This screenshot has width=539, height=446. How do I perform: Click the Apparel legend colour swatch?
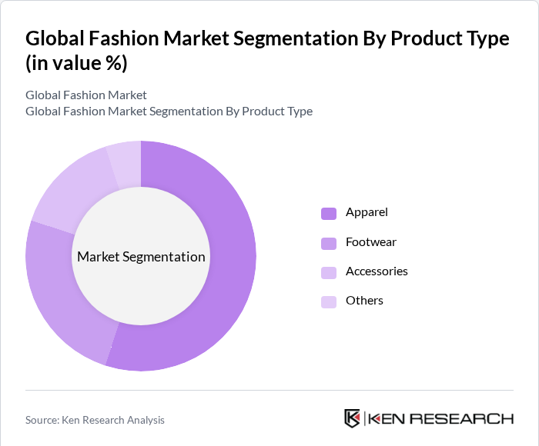[329, 213]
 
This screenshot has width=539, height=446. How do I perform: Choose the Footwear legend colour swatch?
[329, 243]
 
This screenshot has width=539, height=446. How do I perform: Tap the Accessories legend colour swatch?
[329, 272]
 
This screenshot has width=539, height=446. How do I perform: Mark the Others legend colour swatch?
[329, 301]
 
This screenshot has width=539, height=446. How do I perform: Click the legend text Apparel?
[367, 212]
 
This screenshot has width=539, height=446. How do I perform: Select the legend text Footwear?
[371, 242]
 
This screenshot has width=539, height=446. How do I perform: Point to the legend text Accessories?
[377, 271]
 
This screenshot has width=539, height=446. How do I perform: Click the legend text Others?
[364, 301]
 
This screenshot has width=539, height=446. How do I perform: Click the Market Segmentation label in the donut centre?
[141, 257]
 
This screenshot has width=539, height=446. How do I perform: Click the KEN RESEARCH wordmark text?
[440, 419]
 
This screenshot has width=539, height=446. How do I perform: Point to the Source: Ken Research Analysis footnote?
[95, 420]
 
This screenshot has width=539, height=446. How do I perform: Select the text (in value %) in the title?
[76, 64]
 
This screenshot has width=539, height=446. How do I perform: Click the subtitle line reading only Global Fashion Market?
[86, 95]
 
